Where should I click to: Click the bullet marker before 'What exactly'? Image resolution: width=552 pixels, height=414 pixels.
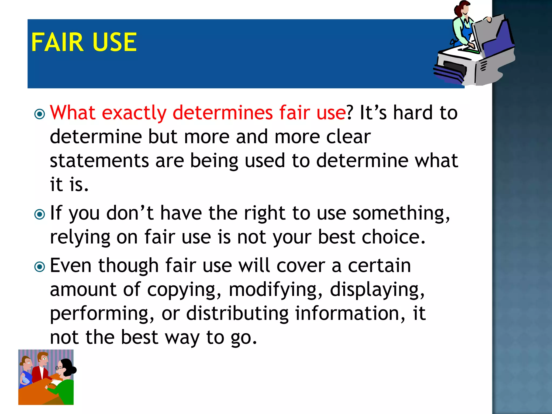[40, 114]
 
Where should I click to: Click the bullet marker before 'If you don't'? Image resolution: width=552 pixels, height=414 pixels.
[40, 215]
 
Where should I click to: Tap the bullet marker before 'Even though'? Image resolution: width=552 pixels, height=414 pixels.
[40, 267]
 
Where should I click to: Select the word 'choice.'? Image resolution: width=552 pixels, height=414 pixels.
[393, 237]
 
